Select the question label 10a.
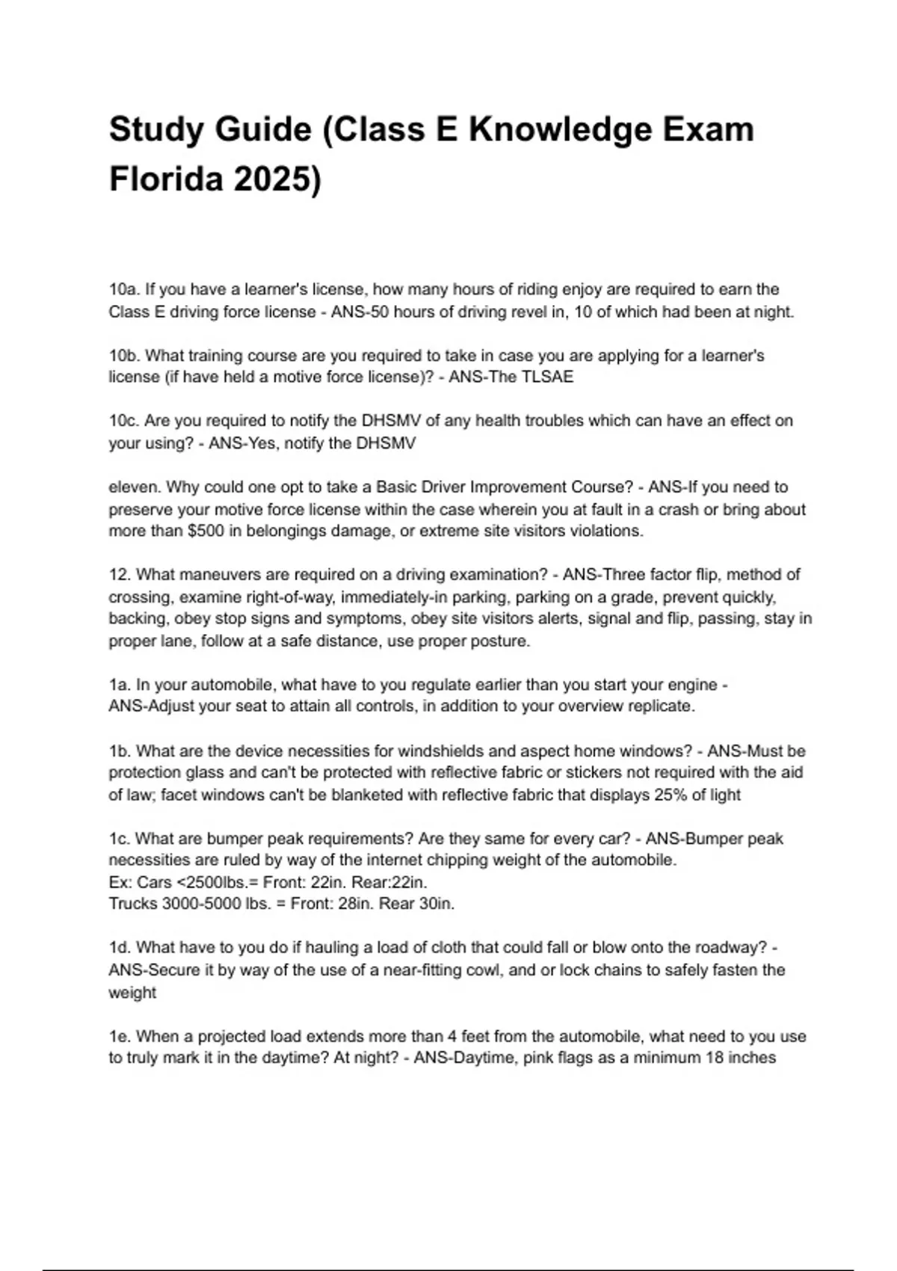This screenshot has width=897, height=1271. click(123, 289)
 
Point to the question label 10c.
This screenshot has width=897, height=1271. click(123, 421)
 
